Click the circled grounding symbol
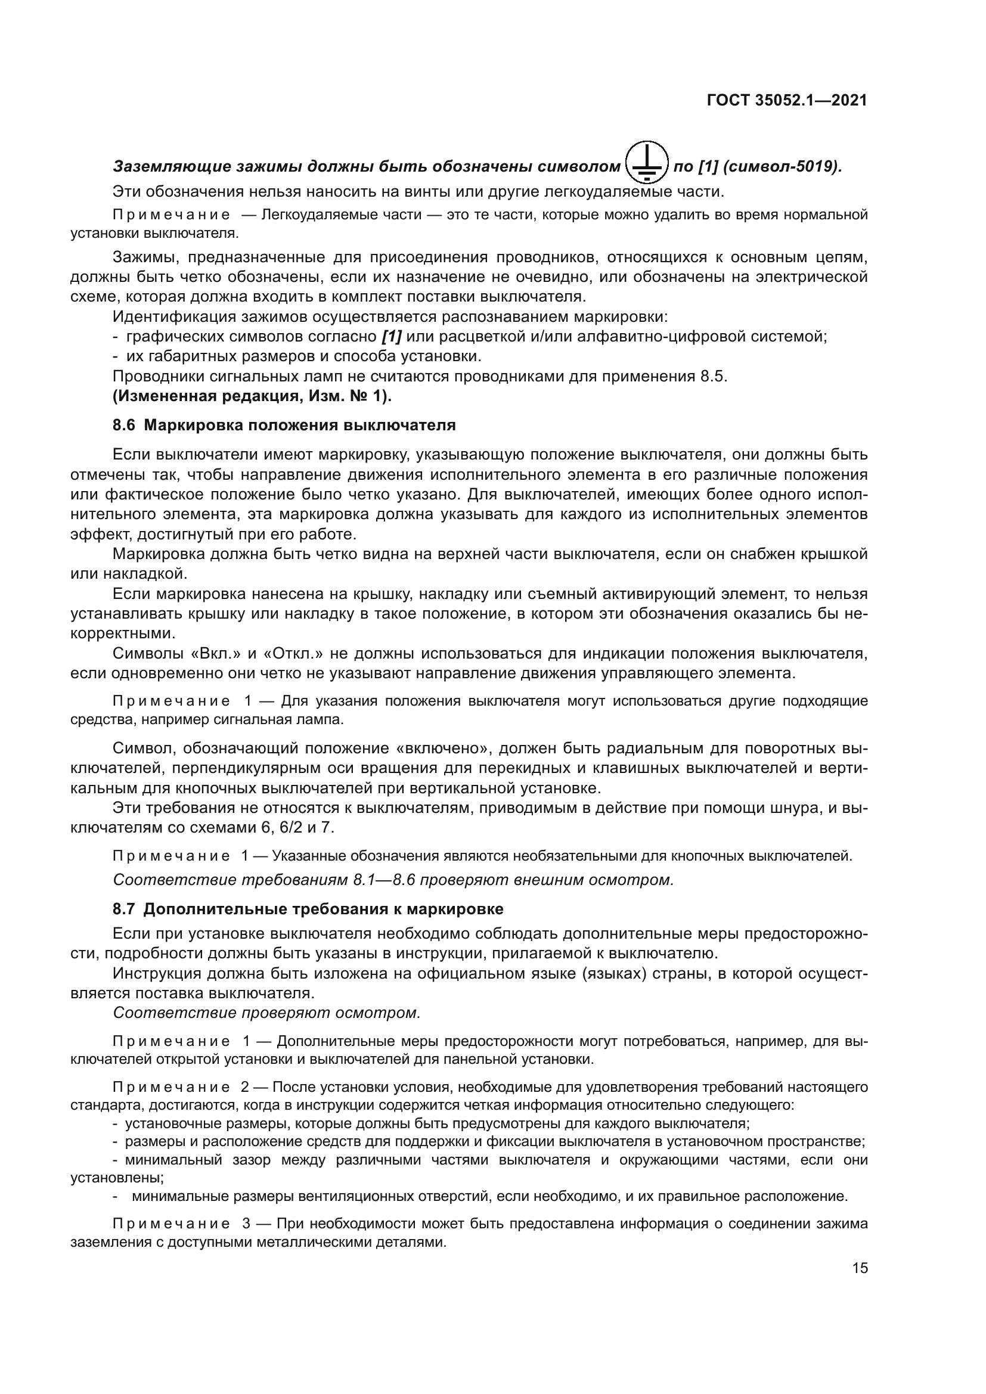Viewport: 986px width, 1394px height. point(647,163)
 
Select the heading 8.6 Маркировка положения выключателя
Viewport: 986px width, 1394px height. point(284,425)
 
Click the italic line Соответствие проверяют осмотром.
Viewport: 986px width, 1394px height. point(266,1013)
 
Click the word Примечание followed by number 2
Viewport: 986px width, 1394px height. point(171,1087)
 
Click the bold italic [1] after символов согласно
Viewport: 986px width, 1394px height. point(393,336)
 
